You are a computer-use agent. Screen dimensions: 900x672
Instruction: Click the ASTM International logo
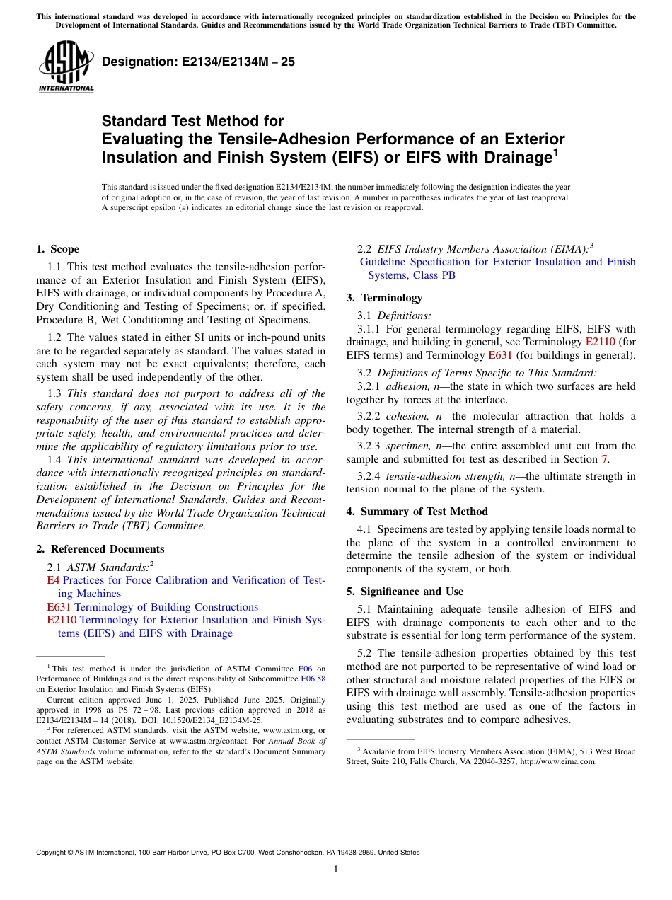click(x=66, y=67)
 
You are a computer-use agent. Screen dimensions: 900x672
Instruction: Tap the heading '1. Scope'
click(x=57, y=249)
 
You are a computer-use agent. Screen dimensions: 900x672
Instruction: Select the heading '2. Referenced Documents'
click(x=100, y=549)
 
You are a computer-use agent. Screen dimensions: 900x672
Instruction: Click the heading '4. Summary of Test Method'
click(x=417, y=512)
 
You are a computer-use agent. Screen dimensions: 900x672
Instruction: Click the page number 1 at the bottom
click(x=336, y=870)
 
